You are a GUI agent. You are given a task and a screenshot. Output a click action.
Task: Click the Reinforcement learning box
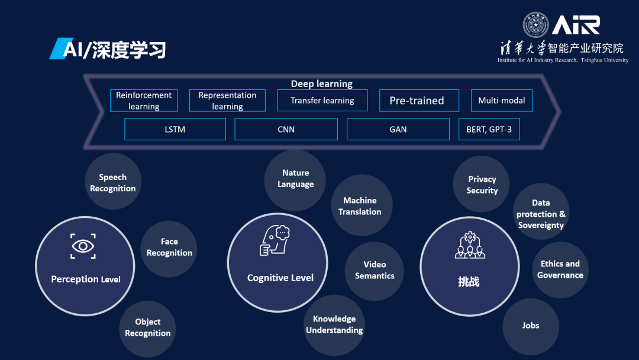click(x=144, y=101)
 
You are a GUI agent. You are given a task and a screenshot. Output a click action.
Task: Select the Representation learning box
click(x=227, y=101)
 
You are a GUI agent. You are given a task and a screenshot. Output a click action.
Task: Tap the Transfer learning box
click(x=322, y=101)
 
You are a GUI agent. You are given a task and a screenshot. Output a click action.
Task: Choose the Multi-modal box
click(x=502, y=101)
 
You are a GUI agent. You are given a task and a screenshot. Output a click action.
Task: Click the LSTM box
click(x=175, y=129)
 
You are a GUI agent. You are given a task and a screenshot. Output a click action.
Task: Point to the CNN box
click(x=286, y=129)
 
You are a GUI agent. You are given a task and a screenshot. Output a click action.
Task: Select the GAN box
click(x=398, y=129)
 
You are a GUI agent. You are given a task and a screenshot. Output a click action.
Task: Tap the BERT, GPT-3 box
click(x=489, y=129)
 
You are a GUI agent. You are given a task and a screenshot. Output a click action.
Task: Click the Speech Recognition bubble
click(x=112, y=183)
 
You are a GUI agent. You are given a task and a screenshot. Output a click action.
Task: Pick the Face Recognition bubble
click(x=169, y=247)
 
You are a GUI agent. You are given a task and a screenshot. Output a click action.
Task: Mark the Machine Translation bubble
click(x=360, y=206)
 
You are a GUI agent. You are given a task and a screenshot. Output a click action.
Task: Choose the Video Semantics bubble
click(x=375, y=270)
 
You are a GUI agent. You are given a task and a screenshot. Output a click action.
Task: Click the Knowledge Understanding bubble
click(x=334, y=324)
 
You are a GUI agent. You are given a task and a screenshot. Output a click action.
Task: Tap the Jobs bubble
click(x=531, y=326)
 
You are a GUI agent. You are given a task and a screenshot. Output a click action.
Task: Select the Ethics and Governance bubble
click(x=560, y=269)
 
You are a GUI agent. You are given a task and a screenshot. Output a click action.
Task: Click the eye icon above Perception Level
click(x=83, y=246)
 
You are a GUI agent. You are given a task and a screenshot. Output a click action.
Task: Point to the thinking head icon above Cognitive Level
click(x=275, y=240)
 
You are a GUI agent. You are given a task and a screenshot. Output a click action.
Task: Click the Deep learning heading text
click(x=321, y=84)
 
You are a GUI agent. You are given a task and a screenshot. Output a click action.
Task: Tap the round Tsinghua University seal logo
click(x=535, y=25)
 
